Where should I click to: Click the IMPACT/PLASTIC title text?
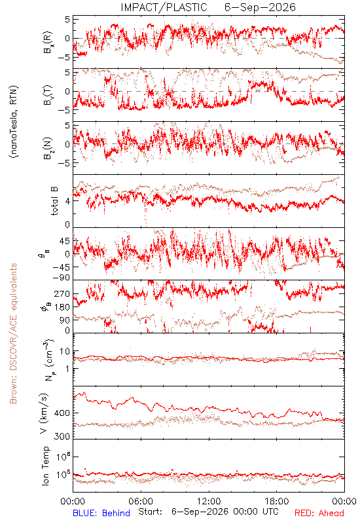164,7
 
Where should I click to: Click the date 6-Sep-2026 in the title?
260,7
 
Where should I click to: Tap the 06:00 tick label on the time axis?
141,501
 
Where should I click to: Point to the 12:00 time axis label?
209,501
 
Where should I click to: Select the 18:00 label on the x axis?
277,501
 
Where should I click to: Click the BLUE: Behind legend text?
101,513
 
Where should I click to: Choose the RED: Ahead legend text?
319,513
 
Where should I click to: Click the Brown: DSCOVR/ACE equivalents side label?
13,333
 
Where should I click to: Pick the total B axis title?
54,200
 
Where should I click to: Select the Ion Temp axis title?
45,466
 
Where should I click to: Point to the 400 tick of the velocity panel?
62,413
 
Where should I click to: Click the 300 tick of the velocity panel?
62,436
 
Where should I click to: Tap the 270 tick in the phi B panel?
62,294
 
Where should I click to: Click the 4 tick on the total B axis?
68,201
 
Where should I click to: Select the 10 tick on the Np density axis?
65,352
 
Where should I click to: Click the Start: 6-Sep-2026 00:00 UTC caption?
208,512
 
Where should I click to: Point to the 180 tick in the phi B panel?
62,307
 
